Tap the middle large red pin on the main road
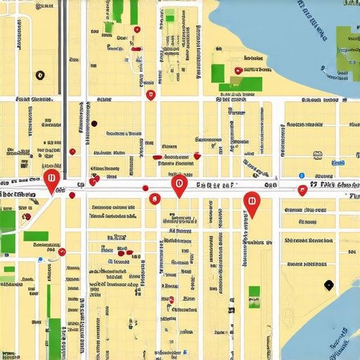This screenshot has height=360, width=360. click(x=179, y=185)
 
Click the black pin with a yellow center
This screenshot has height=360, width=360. click(x=40, y=75)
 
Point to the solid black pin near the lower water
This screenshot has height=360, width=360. click(x=328, y=284)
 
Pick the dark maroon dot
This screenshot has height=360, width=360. click(x=94, y=124)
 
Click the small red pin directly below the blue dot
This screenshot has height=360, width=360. click(x=302, y=188)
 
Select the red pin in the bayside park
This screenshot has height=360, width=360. click(x=238, y=70)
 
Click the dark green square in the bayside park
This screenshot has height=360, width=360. click(x=218, y=72)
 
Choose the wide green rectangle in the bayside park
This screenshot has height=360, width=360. click(x=240, y=85)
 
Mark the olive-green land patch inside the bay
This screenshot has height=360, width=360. click(x=346, y=49)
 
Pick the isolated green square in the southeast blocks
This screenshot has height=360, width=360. click(x=254, y=292)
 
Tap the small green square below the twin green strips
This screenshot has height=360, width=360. click(x=109, y=27)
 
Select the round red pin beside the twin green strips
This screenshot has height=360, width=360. click(x=137, y=30)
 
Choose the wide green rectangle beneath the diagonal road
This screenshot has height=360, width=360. click(x=36, y=236)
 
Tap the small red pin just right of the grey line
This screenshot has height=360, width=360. click(x=72, y=151)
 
